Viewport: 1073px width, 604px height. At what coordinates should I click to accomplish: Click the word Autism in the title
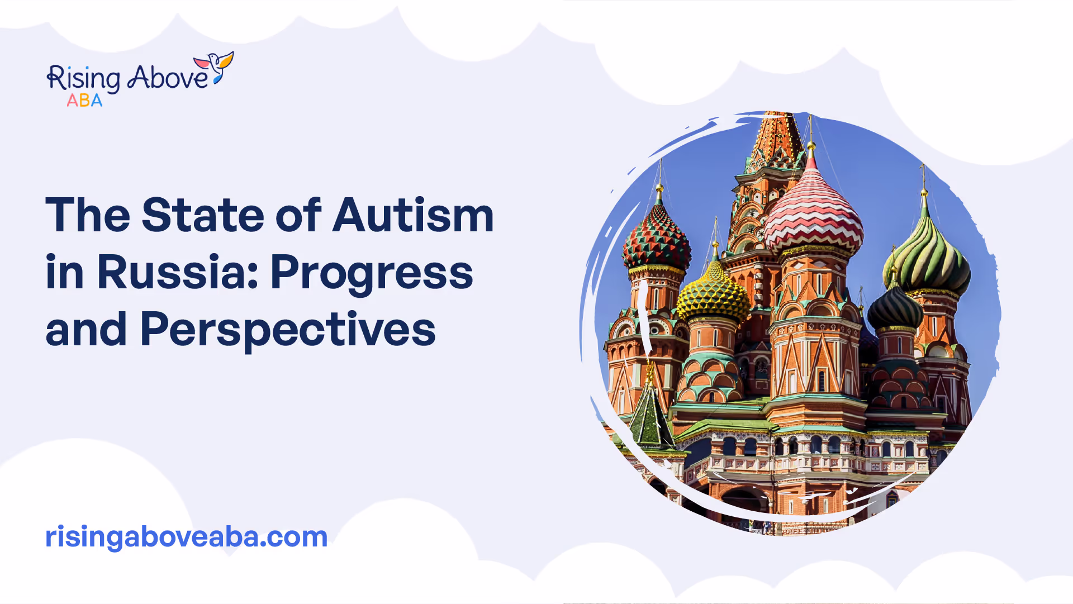[x=414, y=215]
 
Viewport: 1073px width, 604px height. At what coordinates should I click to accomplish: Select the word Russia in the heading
[x=177, y=272]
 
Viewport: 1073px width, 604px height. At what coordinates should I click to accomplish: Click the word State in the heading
[x=202, y=215]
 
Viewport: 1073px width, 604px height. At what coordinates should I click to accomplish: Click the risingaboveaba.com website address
[x=186, y=537]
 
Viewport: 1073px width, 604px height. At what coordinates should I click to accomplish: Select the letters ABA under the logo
[x=84, y=101]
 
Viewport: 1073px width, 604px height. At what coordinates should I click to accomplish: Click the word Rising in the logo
[x=83, y=78]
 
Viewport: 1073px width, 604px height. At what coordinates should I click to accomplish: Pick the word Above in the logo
[x=168, y=77]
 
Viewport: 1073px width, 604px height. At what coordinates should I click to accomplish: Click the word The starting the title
[x=88, y=215]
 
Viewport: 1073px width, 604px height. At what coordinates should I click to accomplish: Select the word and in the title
[x=86, y=329]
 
